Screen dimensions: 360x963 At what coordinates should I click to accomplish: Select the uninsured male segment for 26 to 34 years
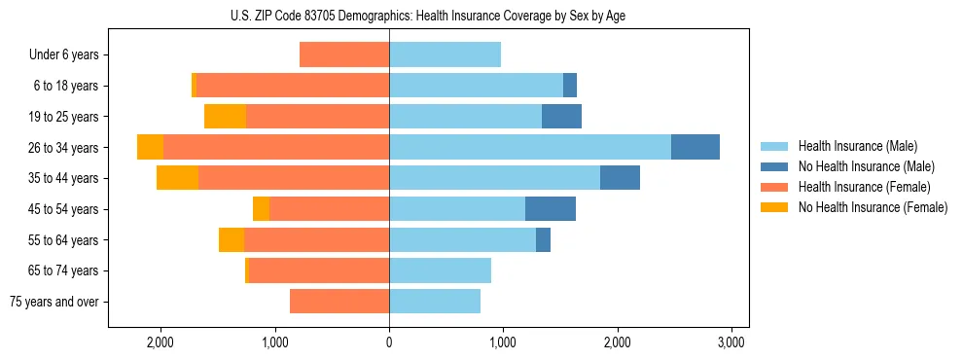[x=695, y=147]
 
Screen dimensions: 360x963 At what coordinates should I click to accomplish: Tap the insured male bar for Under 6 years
[x=445, y=54]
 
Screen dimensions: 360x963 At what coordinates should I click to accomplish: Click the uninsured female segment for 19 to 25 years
[x=225, y=117]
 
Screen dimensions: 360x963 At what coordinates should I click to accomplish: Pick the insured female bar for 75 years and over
[x=339, y=302]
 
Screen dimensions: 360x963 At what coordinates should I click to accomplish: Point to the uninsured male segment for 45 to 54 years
[x=551, y=209]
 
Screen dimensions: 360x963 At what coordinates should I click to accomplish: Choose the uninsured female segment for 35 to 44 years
[x=177, y=178]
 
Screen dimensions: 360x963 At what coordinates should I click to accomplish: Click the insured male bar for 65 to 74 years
[x=440, y=270]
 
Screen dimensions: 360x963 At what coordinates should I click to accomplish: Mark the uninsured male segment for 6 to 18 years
[x=570, y=86]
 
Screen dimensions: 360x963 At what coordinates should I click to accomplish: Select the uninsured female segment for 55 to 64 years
[x=232, y=240]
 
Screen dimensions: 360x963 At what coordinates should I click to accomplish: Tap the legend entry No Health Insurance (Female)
[x=873, y=207]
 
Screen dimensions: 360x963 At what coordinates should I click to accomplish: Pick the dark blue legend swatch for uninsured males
[x=774, y=166]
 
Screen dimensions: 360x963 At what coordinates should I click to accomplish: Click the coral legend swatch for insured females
[x=774, y=187]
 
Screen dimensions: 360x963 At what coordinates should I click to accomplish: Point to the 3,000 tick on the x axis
[x=731, y=342]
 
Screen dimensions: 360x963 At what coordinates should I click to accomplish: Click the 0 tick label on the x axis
[x=389, y=342]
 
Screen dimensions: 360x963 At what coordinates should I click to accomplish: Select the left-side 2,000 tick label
[x=160, y=342]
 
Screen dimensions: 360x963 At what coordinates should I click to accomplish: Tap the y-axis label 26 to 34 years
[x=65, y=148]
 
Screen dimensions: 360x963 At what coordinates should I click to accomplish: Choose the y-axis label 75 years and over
[x=54, y=302]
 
